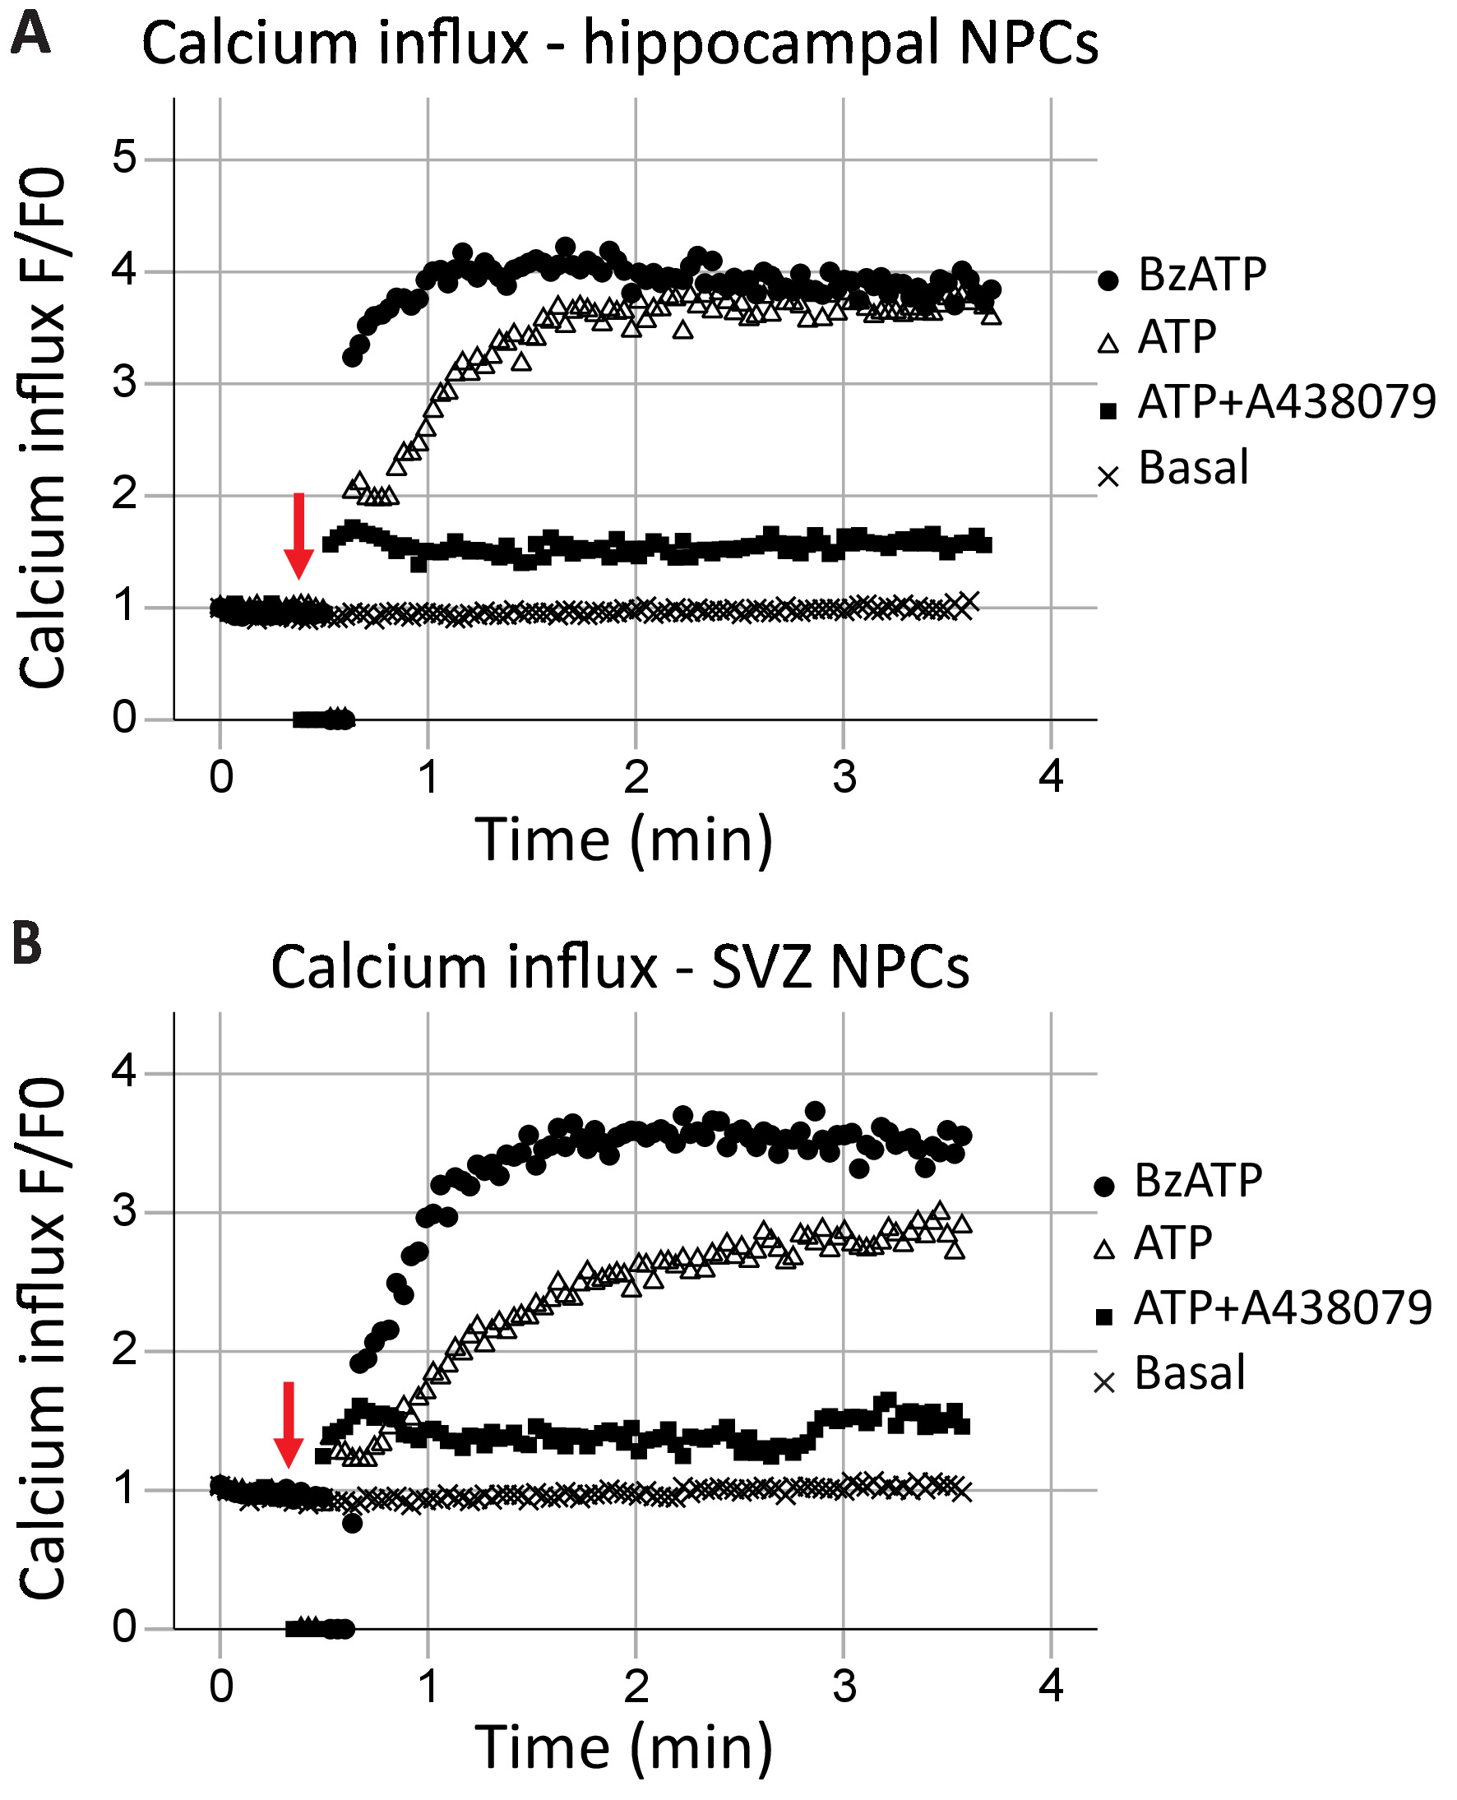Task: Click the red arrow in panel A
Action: (298, 535)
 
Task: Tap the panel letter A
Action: (30, 35)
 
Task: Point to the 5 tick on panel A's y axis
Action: (124, 158)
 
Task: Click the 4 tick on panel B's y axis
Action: (124, 1071)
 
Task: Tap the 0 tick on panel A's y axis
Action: (124, 719)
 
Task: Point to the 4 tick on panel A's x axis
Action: (1051, 777)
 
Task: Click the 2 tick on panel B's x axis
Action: (636, 1685)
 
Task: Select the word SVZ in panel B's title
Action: (761, 967)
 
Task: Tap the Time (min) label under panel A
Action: (622, 840)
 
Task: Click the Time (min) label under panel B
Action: (622, 1748)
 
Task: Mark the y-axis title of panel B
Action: (42, 1339)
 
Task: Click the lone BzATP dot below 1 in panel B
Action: (352, 1523)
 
